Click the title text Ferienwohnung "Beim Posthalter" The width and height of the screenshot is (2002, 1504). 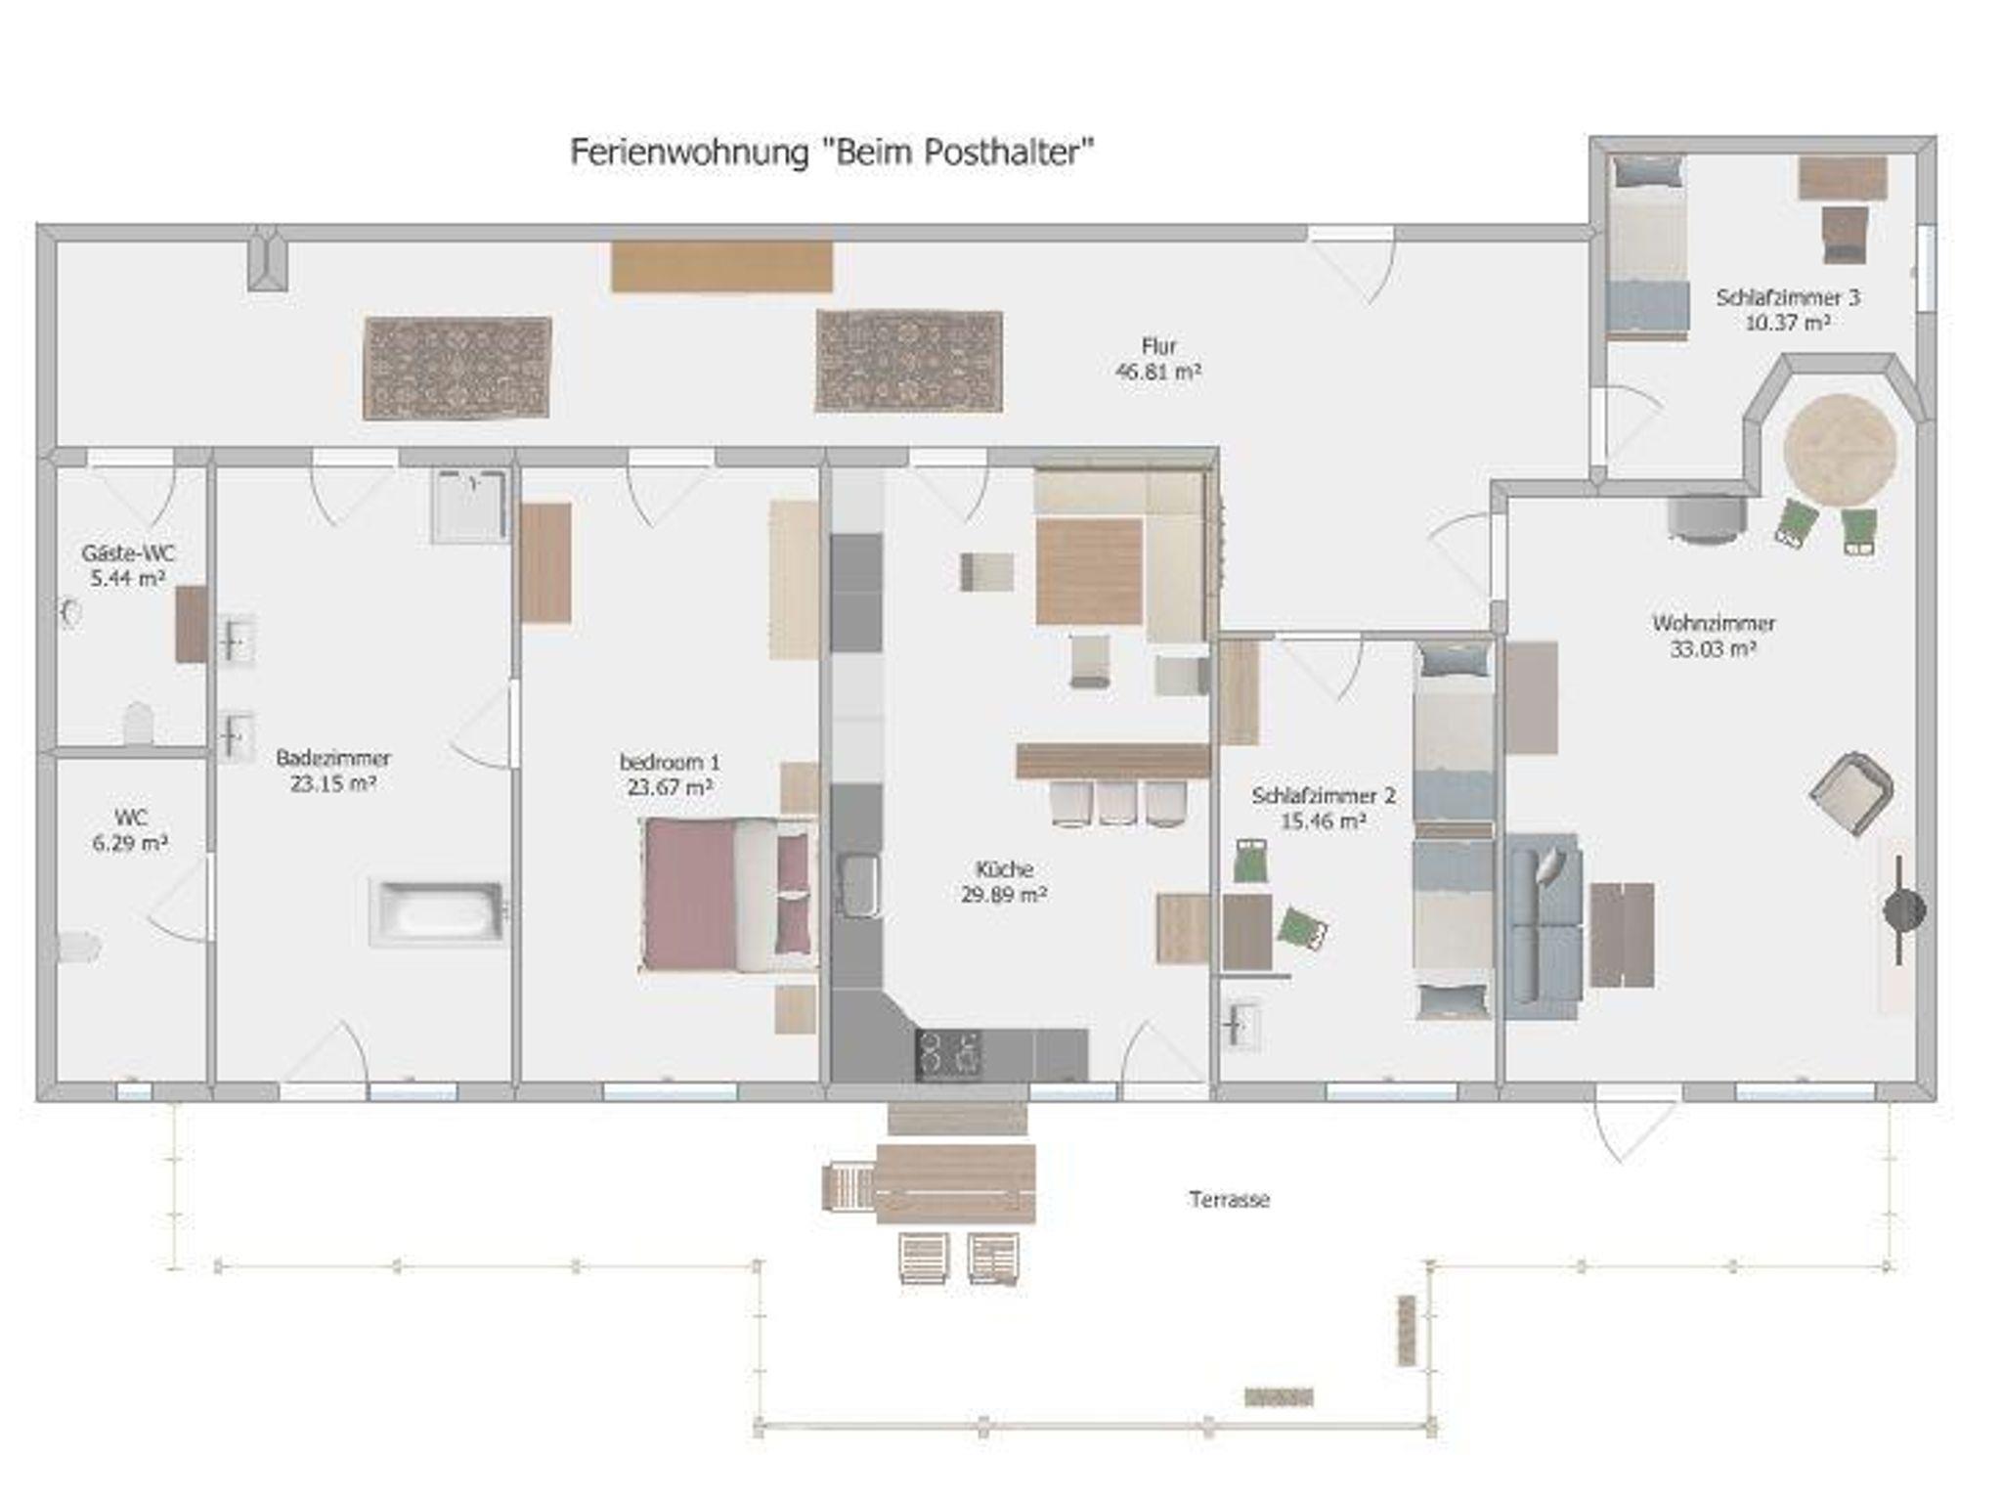pyautogui.click(x=832, y=153)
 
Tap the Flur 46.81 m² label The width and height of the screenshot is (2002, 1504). pyautogui.click(x=1158, y=359)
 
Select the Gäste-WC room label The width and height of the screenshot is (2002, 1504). pyautogui.click(x=128, y=553)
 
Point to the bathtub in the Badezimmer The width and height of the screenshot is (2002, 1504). pyautogui.click(x=438, y=912)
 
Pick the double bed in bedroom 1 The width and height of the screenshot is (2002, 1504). pyautogui.click(x=729, y=894)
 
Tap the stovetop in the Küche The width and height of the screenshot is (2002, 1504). pyautogui.click(x=948, y=1055)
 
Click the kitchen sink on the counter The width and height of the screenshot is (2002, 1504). pyautogui.click(x=858, y=885)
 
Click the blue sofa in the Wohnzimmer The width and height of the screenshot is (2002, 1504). pyautogui.click(x=1543, y=926)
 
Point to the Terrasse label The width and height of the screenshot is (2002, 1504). pyautogui.click(x=1230, y=1200)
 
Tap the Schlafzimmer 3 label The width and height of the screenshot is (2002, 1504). pyautogui.click(x=1788, y=297)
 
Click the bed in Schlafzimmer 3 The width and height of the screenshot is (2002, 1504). pyautogui.click(x=1648, y=247)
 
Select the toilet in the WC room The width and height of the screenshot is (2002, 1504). pyautogui.click(x=78, y=947)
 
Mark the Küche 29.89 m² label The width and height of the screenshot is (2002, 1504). pyautogui.click(x=1004, y=881)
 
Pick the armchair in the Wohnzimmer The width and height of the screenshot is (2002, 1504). pyautogui.click(x=1851, y=792)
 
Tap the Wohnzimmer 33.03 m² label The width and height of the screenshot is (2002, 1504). pyautogui.click(x=1714, y=636)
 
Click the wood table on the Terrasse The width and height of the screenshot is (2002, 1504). pyautogui.click(x=955, y=1183)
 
